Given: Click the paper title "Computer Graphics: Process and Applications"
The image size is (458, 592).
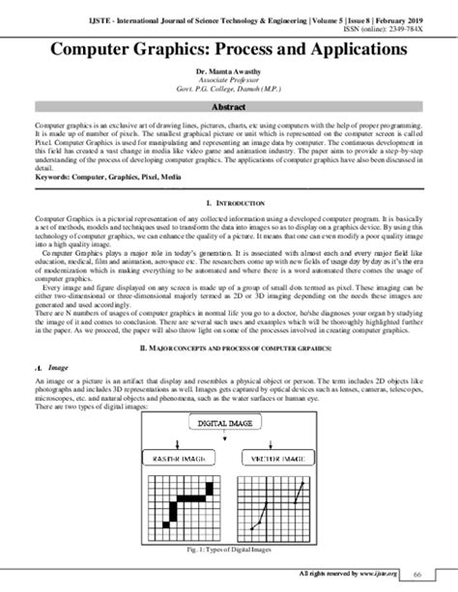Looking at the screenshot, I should pyautogui.click(x=228, y=46).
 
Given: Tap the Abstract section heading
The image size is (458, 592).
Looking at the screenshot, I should pyautogui.click(x=228, y=108).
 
